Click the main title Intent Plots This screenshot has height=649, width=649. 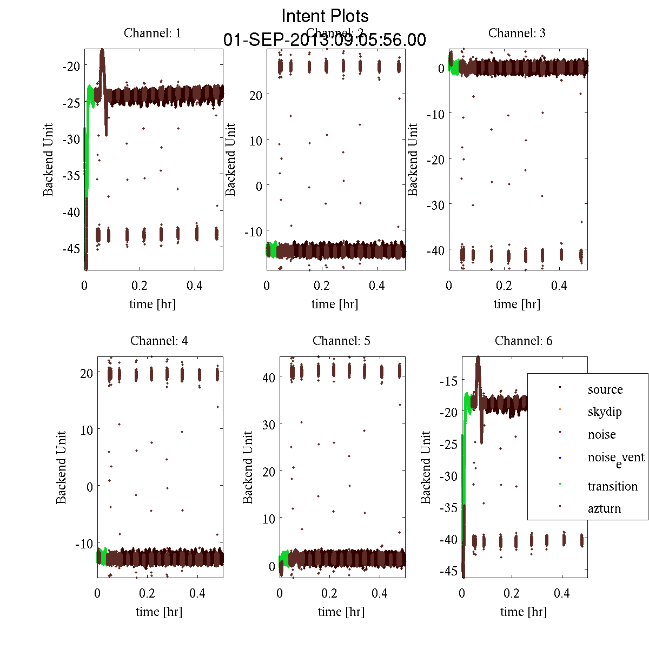click(325, 16)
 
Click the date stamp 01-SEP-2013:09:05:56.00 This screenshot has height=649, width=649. click(325, 40)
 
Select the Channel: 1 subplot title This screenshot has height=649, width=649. click(153, 33)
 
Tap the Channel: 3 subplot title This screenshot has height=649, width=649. click(517, 33)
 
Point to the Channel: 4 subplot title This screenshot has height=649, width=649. click(159, 341)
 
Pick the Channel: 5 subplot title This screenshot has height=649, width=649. click(341, 341)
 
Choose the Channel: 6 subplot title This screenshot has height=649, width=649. click(524, 341)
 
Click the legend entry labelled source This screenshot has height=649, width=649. click(605, 389)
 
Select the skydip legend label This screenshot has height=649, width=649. click(605, 412)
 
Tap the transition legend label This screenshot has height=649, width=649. click(613, 486)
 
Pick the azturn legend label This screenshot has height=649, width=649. click(604, 508)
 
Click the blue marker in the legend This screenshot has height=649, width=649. click(560, 458)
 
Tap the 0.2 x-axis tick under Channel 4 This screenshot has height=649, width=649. click(147, 593)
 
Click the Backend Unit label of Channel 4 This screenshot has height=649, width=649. click(61, 467)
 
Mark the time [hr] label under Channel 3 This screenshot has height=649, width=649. click(517, 304)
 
